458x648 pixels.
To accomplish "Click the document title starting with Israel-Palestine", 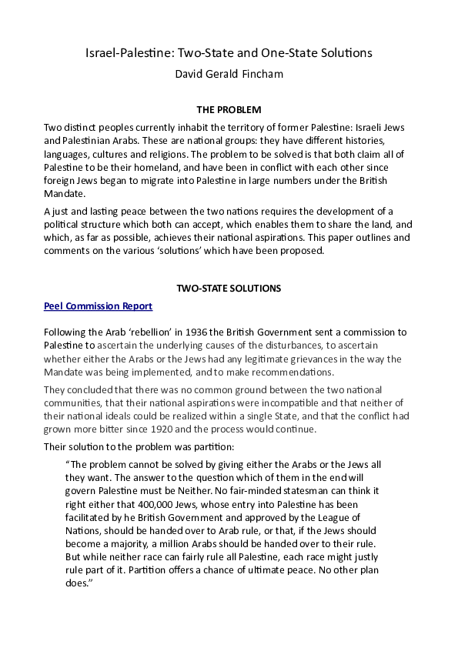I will (229, 53).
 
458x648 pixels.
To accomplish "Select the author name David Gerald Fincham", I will (229, 75).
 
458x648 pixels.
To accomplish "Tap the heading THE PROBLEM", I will (229, 110).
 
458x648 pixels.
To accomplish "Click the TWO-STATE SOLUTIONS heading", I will (229, 288).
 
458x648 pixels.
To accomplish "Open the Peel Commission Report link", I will (98, 306).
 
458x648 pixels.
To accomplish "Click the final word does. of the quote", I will (80, 584).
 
